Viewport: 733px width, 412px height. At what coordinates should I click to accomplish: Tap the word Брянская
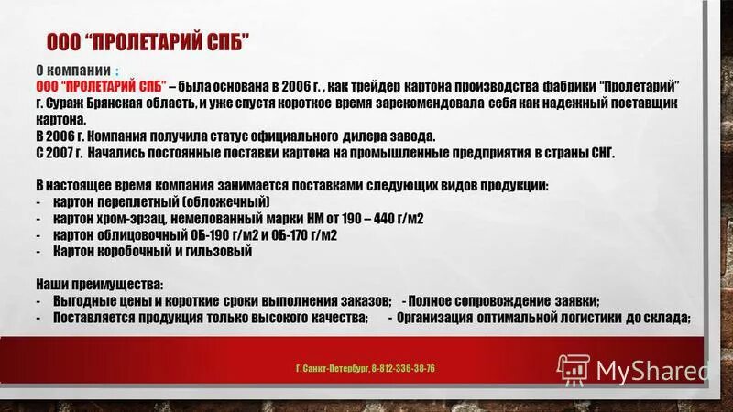126,103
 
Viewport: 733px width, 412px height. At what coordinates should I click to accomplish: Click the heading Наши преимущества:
100,284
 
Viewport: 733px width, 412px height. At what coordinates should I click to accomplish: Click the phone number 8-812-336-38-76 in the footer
404,368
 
